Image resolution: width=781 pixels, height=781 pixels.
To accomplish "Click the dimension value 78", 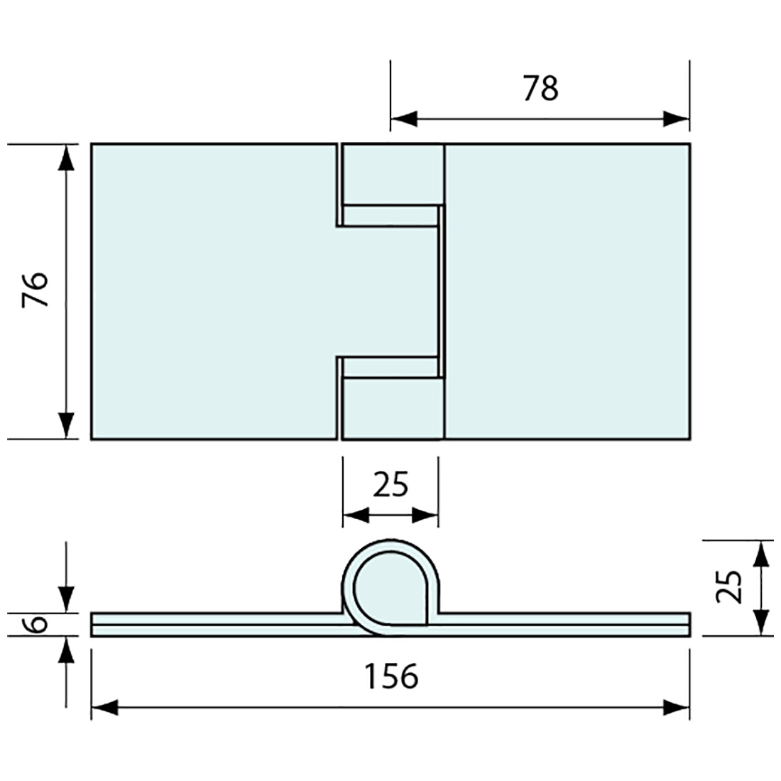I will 541,89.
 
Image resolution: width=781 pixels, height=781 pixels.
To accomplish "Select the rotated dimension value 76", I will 35,289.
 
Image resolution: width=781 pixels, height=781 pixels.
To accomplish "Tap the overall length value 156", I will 391,676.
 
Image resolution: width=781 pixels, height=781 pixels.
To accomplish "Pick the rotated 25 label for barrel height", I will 728,586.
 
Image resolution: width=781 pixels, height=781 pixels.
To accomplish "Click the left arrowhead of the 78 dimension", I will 403,119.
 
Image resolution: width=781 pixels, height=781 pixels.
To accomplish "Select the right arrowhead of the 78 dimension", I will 677,119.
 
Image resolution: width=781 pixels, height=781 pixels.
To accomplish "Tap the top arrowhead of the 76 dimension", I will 67,158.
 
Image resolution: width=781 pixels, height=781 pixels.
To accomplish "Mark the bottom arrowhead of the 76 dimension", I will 67,426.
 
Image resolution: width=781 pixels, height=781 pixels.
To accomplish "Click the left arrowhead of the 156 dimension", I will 104,707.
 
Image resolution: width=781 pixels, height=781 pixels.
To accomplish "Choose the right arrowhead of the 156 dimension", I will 677,707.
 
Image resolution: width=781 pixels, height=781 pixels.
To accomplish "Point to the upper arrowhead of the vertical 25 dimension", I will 760,554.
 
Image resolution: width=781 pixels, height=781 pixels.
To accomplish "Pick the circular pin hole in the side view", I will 387,588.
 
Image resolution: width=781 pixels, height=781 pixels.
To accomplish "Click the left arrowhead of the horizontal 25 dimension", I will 354,515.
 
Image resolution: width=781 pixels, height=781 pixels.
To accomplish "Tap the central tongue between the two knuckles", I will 387,291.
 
